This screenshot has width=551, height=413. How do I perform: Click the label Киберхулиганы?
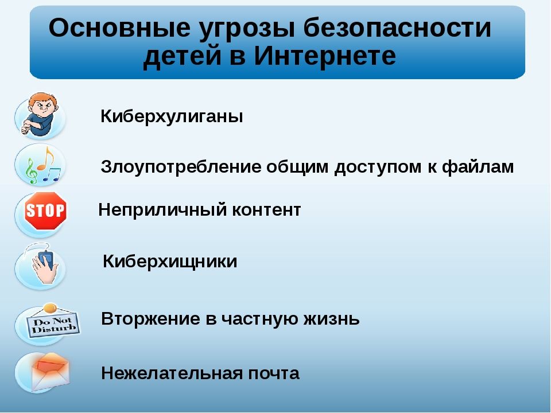click(x=172, y=116)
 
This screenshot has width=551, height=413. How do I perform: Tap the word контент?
click(x=266, y=210)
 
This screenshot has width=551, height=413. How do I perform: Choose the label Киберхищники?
click(x=169, y=262)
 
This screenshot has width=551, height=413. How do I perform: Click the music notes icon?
click(x=40, y=165)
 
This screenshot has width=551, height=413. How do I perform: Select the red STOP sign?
click(x=45, y=211)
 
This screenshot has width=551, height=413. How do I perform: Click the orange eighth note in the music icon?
click(x=47, y=156)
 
